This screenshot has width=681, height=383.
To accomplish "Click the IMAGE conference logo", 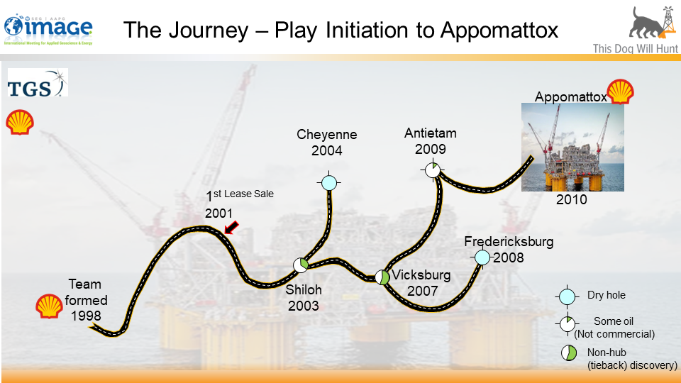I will click(x=48, y=28).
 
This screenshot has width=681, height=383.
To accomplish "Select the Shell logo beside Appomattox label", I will click(x=621, y=91).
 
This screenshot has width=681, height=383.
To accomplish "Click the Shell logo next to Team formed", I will click(x=49, y=305).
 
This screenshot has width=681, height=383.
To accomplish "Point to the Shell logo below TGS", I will click(x=20, y=122).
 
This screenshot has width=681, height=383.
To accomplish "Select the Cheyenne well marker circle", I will click(x=328, y=182).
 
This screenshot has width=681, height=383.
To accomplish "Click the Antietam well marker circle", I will click(x=433, y=170).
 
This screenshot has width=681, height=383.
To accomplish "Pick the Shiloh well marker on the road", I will click(x=301, y=265).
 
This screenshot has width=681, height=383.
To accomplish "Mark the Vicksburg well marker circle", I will click(x=382, y=277).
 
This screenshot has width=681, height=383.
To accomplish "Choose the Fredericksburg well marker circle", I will click(x=482, y=257).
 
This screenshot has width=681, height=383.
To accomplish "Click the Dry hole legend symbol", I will click(x=567, y=296).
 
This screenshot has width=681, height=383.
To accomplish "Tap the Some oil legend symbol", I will click(x=567, y=324).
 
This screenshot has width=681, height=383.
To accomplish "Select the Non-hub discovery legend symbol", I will click(x=567, y=353).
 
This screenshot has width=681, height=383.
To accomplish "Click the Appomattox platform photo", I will click(x=572, y=147).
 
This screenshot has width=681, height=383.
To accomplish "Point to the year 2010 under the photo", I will click(x=572, y=200).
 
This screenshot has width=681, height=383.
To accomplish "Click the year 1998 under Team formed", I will click(x=86, y=315).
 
